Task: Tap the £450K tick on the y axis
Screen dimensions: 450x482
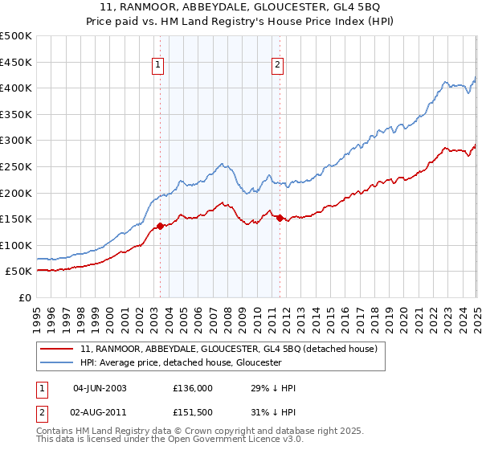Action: click(16, 62)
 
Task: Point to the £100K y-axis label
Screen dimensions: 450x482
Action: click(16, 245)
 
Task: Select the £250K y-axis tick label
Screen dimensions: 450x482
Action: click(16, 166)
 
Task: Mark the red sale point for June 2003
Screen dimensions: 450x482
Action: click(160, 226)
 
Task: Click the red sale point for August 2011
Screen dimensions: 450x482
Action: click(280, 218)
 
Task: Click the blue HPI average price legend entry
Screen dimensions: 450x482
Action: click(180, 362)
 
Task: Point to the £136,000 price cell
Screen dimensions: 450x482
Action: click(192, 388)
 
